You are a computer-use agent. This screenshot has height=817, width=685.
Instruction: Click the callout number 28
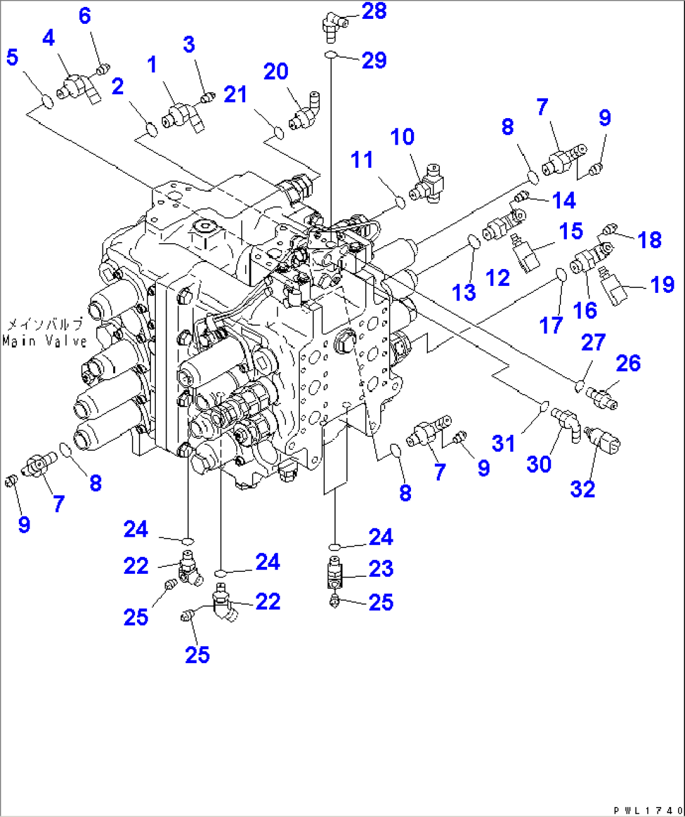coord(374,11)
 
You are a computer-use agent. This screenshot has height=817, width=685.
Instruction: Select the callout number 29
coord(374,60)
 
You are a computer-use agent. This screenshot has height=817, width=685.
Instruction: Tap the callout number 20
coord(276,72)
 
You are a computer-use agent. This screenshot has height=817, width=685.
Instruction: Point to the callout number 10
coord(402,137)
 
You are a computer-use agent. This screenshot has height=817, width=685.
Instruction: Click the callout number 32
coord(583,489)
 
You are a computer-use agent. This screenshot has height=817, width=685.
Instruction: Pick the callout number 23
coord(381,569)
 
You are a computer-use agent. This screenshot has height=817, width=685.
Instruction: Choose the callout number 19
coord(662,285)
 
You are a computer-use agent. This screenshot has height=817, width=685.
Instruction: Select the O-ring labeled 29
coord(332,57)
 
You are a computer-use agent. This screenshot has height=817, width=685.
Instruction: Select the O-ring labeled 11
coord(399,202)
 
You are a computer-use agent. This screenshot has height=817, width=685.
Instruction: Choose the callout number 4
coord(48,38)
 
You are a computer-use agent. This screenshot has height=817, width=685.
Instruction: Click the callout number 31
coord(503,443)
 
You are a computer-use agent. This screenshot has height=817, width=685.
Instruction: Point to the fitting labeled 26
coord(601,397)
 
